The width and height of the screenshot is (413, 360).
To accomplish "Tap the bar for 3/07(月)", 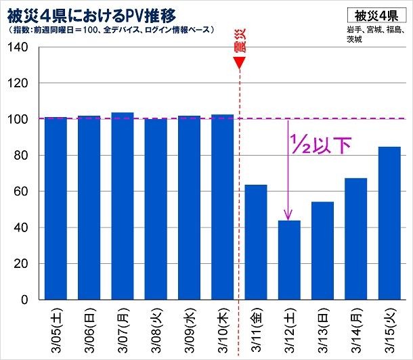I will pyautogui.click(x=123, y=206).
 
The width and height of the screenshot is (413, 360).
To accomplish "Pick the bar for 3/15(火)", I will pyautogui.click(x=389, y=223).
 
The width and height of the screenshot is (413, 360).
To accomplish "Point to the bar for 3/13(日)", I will pyautogui.click(x=323, y=250).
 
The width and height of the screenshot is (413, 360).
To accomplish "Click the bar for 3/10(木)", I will pyautogui.click(x=223, y=206).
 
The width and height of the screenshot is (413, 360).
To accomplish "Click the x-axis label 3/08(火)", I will pyautogui.click(x=156, y=331).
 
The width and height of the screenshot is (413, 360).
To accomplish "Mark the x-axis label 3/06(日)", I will pyautogui.click(x=89, y=331).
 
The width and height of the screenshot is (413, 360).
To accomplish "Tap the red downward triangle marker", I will pyautogui.click(x=239, y=63).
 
